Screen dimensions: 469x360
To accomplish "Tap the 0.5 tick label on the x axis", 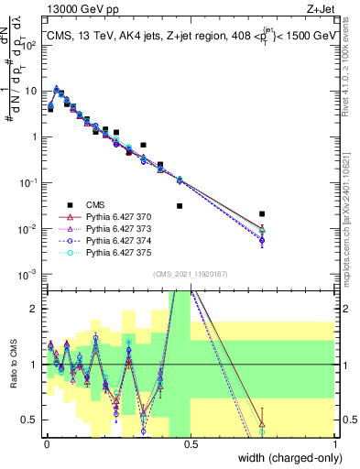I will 191,442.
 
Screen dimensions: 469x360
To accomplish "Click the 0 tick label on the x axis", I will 47,442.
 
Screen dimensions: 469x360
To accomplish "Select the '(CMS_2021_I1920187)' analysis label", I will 191,274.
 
